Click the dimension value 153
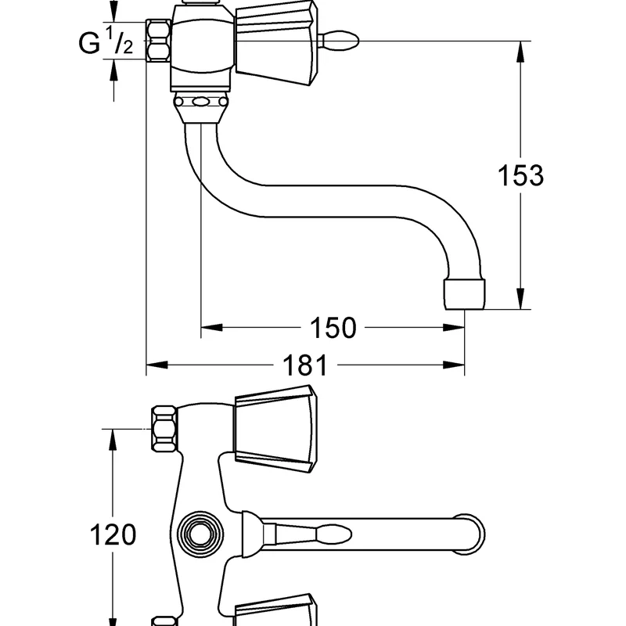click(x=520, y=175)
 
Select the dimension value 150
click(x=333, y=328)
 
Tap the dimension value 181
click(x=305, y=365)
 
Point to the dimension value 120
click(x=113, y=534)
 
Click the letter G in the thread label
click(x=89, y=43)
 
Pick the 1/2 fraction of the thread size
click(x=119, y=40)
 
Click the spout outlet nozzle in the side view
click(x=465, y=294)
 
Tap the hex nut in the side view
click(x=158, y=41)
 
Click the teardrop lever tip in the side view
click(x=340, y=41)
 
